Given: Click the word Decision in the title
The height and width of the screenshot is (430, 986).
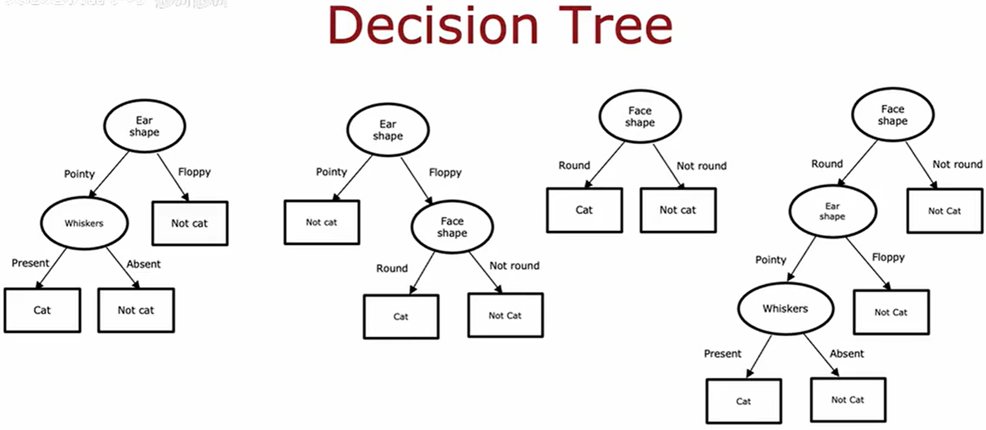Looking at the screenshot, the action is coord(433,26).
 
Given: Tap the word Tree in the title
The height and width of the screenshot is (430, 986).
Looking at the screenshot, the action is coord(615,26).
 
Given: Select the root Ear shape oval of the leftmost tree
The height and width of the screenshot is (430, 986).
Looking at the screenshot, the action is coord(144,126).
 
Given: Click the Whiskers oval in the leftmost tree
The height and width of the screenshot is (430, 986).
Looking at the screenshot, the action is coord(84,223).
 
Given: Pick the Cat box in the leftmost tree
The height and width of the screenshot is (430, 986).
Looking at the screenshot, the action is coord(42,310).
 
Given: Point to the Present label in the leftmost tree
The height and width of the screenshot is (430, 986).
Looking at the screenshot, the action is coord(30,263).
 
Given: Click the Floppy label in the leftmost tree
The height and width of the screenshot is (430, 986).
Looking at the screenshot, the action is coord(194,172).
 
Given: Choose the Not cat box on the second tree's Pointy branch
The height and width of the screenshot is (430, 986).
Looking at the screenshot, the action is coord(321,222).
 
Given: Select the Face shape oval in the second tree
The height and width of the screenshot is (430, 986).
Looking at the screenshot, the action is coord(452,227).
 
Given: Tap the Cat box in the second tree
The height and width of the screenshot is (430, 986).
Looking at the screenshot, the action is coord(401,316).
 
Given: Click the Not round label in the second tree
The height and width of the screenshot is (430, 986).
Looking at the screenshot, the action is coord(514,266).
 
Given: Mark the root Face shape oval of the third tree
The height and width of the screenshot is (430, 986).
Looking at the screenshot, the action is coord(640,117).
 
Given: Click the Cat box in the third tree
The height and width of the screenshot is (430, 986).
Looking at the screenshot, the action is coord(584,210).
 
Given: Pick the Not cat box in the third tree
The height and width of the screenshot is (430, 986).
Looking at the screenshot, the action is coord(678,210).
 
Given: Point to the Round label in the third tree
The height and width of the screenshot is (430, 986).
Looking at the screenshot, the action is coord(574,165).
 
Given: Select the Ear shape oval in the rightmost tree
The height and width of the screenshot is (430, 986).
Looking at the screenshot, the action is coord(833,211).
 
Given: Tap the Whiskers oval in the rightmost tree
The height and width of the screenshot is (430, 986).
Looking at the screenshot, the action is coord(785,308).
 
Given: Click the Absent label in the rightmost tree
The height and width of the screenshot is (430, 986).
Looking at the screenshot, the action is coord(847,354).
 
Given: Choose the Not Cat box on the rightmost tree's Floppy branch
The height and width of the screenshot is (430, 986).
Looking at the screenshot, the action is coord(891,312).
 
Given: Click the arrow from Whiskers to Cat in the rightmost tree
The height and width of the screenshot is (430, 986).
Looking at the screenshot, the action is coord(759,356).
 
